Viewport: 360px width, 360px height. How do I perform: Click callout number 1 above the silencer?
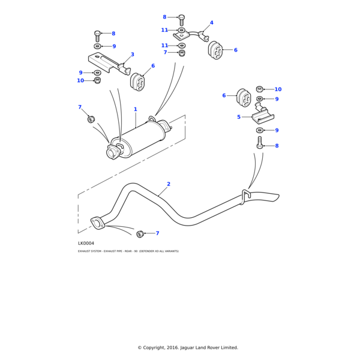(x=136, y=109)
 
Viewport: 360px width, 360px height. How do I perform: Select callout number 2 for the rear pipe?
(x=169, y=184)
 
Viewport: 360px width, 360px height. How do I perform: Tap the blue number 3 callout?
(x=133, y=55)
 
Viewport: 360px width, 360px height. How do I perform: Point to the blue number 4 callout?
(x=211, y=23)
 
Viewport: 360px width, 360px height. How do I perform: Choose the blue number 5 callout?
(x=239, y=117)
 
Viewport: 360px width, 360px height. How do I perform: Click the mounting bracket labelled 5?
(x=263, y=116)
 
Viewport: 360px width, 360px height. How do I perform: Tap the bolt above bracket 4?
(x=182, y=19)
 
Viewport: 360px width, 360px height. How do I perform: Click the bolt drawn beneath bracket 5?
(x=260, y=143)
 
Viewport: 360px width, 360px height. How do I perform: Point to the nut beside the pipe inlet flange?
(x=140, y=233)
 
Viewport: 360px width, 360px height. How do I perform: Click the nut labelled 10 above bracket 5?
(x=260, y=89)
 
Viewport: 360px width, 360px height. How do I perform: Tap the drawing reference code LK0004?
(x=86, y=243)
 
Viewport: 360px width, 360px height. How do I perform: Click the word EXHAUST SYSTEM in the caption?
(x=89, y=251)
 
